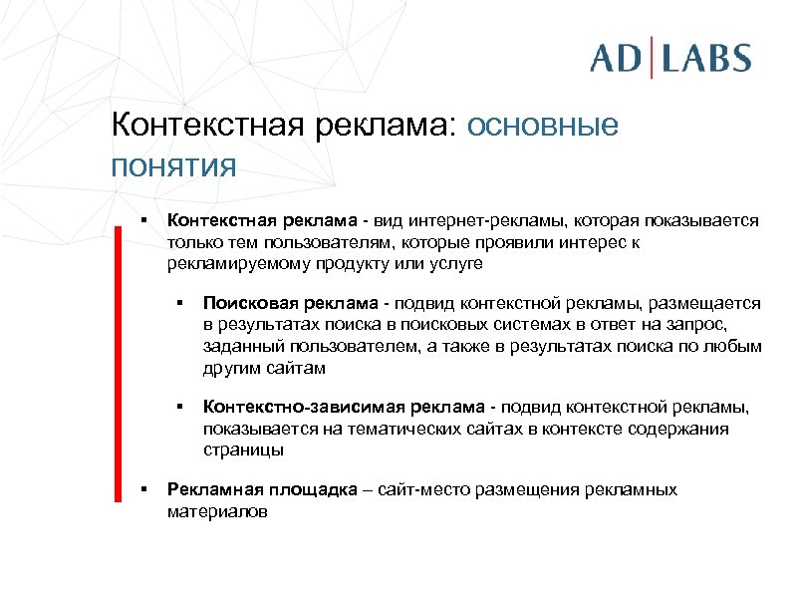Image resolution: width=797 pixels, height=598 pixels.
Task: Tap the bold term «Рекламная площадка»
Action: (x=250, y=489)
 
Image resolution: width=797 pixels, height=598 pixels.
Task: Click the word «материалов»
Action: (x=217, y=511)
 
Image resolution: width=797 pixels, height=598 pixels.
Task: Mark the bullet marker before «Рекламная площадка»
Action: (x=144, y=489)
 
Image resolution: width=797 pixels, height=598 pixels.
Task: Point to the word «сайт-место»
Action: (x=413, y=489)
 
